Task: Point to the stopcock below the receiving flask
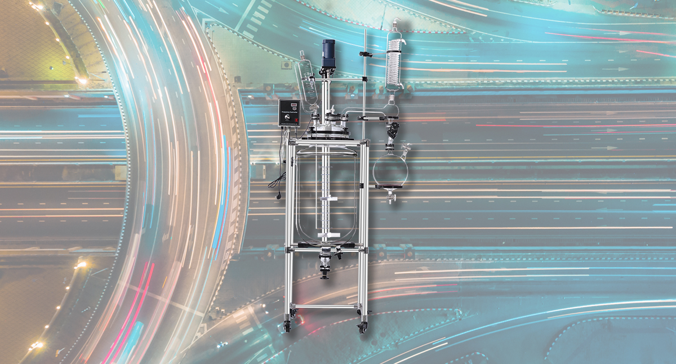(x=390, y=198)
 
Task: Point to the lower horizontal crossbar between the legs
(x=325, y=307)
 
